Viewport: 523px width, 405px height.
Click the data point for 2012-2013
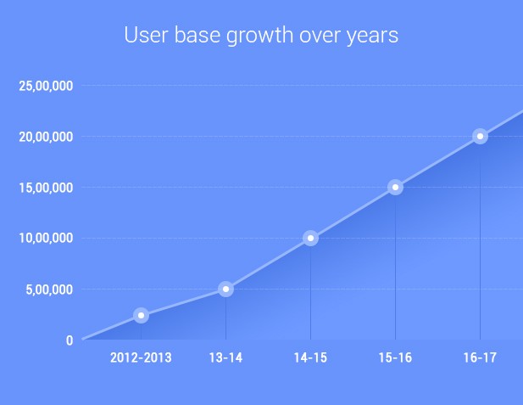point(141,315)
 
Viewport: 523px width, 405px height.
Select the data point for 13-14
point(225,289)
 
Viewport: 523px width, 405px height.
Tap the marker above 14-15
point(310,238)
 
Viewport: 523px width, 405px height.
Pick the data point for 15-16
point(395,187)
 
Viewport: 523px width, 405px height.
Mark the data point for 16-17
point(480,136)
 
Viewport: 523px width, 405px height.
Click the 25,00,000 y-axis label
point(45,86)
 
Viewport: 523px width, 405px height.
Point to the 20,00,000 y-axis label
point(45,137)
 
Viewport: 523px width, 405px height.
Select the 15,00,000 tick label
point(45,188)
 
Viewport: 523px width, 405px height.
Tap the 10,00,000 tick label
point(45,239)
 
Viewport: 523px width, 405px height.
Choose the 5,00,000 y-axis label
point(48,290)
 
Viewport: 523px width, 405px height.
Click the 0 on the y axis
point(70,340)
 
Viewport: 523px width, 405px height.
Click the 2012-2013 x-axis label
point(141,358)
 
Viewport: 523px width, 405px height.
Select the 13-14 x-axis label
point(225,358)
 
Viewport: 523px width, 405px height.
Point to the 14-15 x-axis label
point(310,358)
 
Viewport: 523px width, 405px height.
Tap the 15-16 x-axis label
point(395,358)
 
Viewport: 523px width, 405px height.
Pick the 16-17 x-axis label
point(480,358)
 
